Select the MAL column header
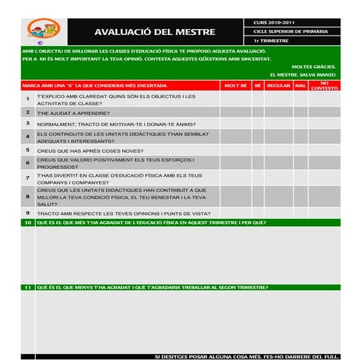click(x=300, y=86)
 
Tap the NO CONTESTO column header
click(x=324, y=86)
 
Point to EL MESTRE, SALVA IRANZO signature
click(x=302, y=74)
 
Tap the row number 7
click(x=28, y=177)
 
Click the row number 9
click(x=28, y=213)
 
